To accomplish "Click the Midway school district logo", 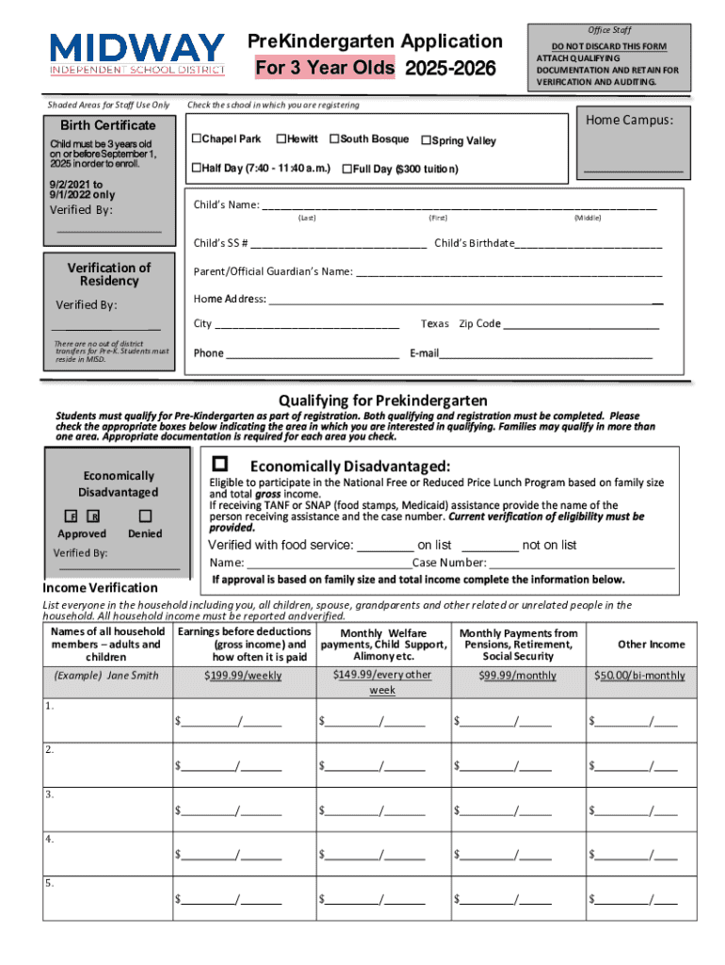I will [137, 53].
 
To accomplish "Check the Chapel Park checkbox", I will [197, 139].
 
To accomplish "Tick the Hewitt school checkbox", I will [281, 139].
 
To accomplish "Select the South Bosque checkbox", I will [334, 139].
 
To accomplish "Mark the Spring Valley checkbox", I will [426, 141].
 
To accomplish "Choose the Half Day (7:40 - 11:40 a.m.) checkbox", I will [197, 169].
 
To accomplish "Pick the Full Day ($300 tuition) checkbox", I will [346, 170].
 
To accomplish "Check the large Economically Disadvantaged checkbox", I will [220, 464].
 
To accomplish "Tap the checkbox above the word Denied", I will [144, 515].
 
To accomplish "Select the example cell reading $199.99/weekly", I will [243, 676].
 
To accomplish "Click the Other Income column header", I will [651, 645].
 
